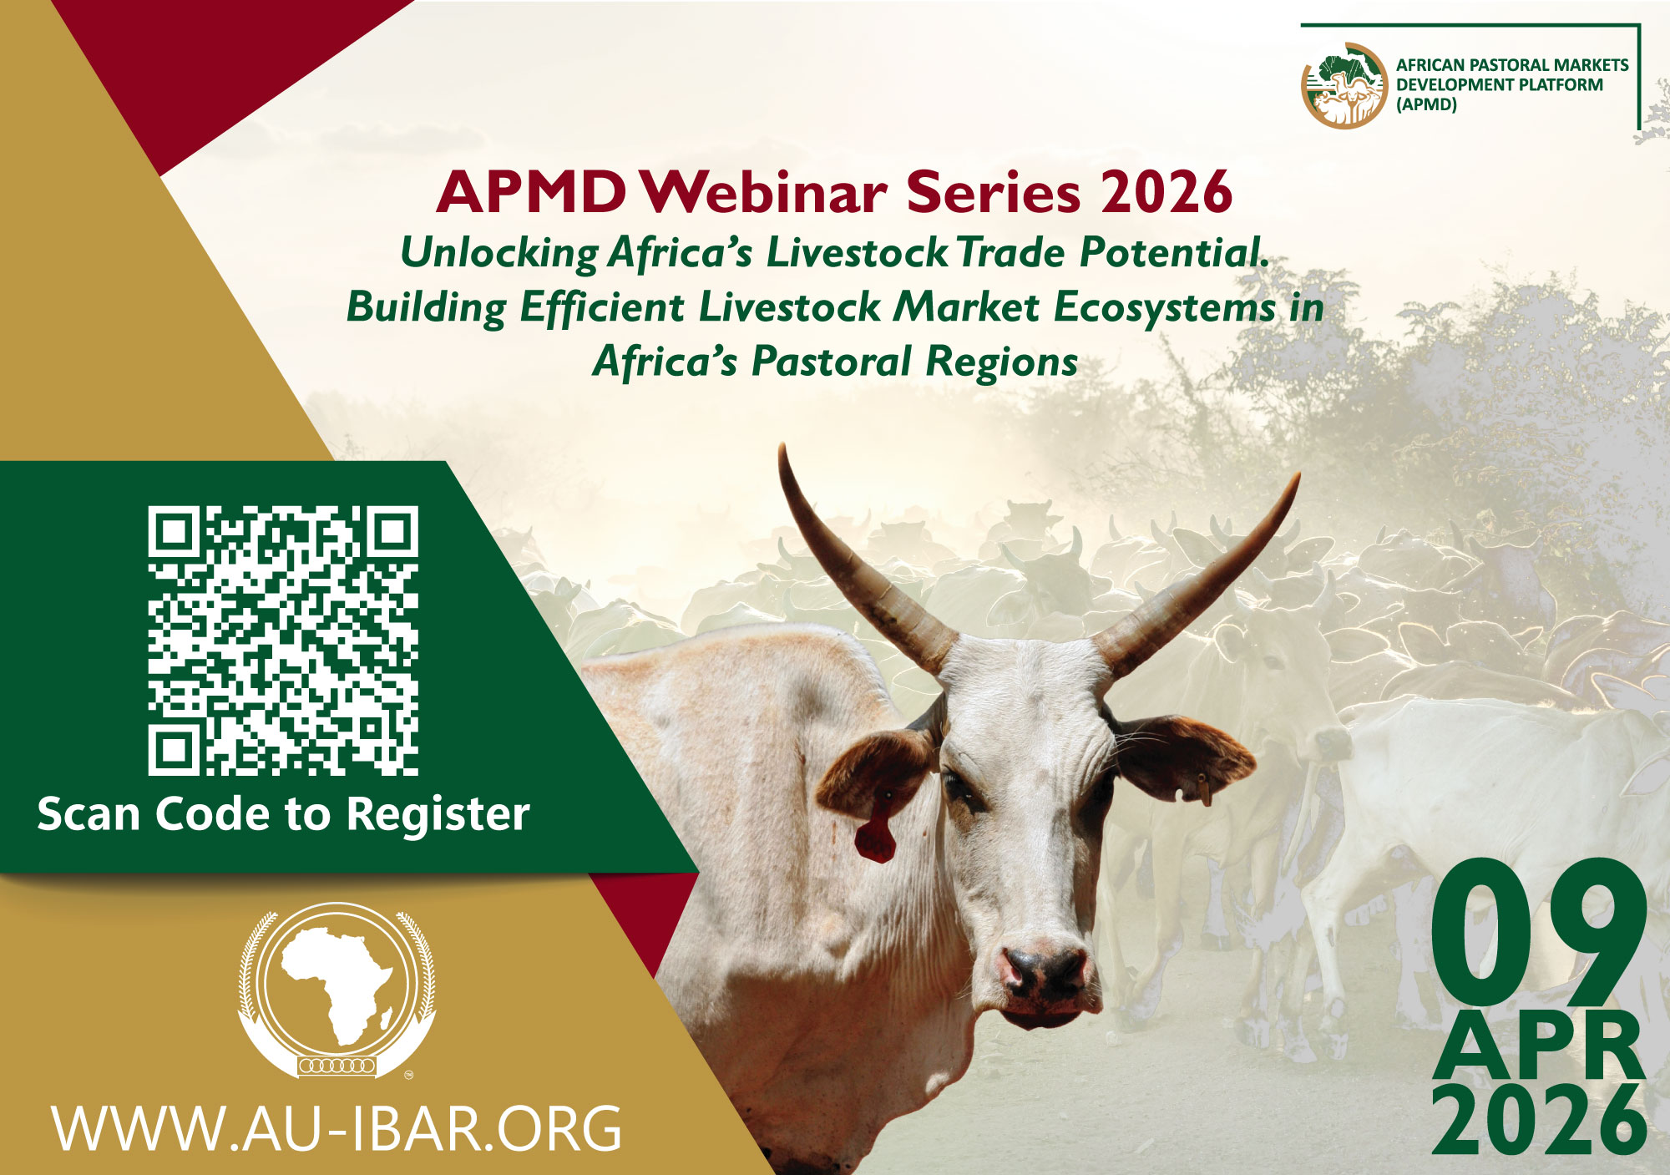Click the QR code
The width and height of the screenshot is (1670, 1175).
pos(283,640)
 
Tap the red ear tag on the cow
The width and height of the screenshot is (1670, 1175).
pos(874,838)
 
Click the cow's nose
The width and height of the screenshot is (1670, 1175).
pos(1043,975)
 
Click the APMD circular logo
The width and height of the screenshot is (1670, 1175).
pos(1344,86)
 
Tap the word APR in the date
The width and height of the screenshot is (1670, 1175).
pos(1539,1046)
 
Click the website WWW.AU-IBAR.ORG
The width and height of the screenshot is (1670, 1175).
pos(337,1129)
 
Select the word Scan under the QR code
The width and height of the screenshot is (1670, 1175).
pos(89,814)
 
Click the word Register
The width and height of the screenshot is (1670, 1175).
pos(438,816)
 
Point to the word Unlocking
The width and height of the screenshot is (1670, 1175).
pos(499,253)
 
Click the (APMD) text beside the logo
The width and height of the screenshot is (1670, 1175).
pos(1426,105)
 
